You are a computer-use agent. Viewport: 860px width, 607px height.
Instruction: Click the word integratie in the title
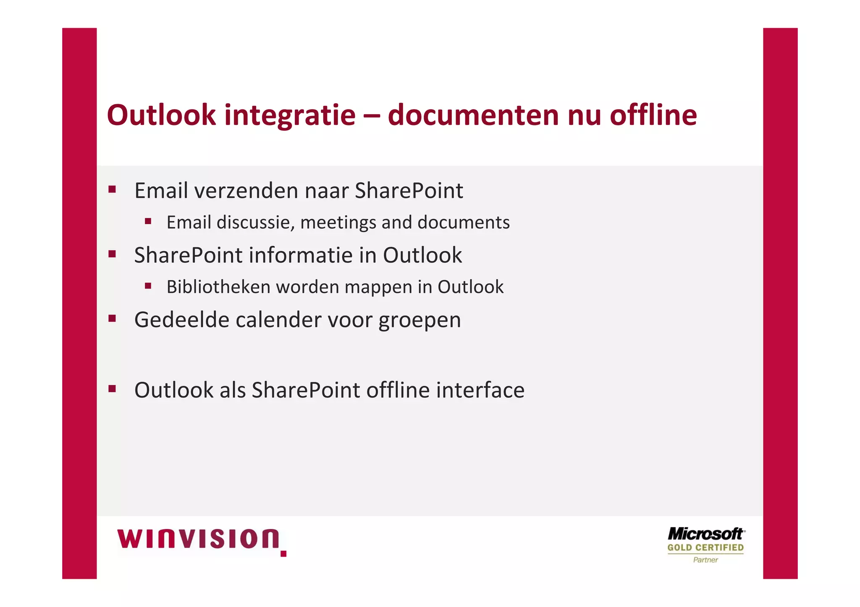[x=290, y=115]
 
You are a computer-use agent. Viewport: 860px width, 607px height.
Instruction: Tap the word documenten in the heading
[x=473, y=115]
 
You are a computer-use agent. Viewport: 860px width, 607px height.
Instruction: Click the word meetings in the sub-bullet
[x=338, y=223]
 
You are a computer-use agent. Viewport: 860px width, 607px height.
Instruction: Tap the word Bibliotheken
[x=218, y=287]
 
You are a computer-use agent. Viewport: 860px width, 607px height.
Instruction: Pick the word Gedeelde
[x=181, y=320]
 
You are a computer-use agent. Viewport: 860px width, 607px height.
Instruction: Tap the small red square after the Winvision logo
[x=283, y=554]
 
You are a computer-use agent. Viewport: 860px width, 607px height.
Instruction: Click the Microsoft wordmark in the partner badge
[x=706, y=534]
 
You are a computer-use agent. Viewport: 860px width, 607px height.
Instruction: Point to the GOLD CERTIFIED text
[x=705, y=547]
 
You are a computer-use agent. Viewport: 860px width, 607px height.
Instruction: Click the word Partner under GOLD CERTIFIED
[x=705, y=560]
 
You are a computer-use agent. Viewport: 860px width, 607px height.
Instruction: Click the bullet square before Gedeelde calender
[x=112, y=318]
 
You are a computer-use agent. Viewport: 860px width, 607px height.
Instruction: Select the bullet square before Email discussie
[x=148, y=221]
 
